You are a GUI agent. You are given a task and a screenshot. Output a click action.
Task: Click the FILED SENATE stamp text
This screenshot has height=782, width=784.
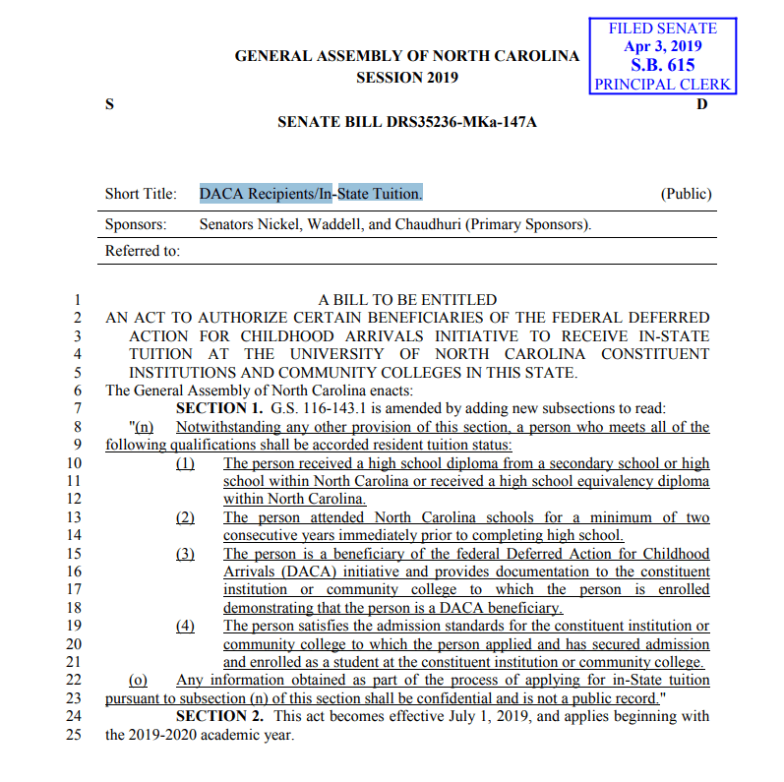pyautogui.click(x=663, y=29)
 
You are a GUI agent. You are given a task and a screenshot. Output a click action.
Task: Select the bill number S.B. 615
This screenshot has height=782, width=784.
pyautogui.click(x=662, y=65)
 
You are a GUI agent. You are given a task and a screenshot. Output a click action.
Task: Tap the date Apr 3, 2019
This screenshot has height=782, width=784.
pyautogui.click(x=663, y=46)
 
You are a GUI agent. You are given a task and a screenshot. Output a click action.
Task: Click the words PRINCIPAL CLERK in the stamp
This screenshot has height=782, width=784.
pyautogui.click(x=662, y=84)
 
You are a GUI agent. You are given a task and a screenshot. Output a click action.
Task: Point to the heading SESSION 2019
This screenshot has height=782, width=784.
pyautogui.click(x=406, y=78)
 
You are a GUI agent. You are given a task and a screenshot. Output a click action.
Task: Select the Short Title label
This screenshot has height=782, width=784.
pyautogui.click(x=141, y=194)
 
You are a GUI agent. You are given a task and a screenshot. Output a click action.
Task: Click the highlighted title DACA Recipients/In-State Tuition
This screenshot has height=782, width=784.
pyautogui.click(x=311, y=194)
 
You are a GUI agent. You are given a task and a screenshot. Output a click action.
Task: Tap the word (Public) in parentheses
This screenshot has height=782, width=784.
pyautogui.click(x=686, y=194)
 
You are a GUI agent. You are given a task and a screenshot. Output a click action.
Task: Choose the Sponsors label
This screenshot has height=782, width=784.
pyautogui.click(x=136, y=224)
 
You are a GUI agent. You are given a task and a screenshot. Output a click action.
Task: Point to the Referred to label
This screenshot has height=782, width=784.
pyautogui.click(x=143, y=251)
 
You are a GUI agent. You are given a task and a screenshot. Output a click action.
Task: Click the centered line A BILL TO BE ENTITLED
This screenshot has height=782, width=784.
pyautogui.click(x=407, y=300)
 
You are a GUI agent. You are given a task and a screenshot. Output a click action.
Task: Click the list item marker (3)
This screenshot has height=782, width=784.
pyautogui.click(x=185, y=554)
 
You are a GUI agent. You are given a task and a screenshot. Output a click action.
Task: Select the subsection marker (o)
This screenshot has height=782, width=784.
pyautogui.click(x=139, y=681)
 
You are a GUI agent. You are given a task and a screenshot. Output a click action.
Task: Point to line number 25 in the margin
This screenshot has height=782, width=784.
pyautogui.click(x=72, y=735)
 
